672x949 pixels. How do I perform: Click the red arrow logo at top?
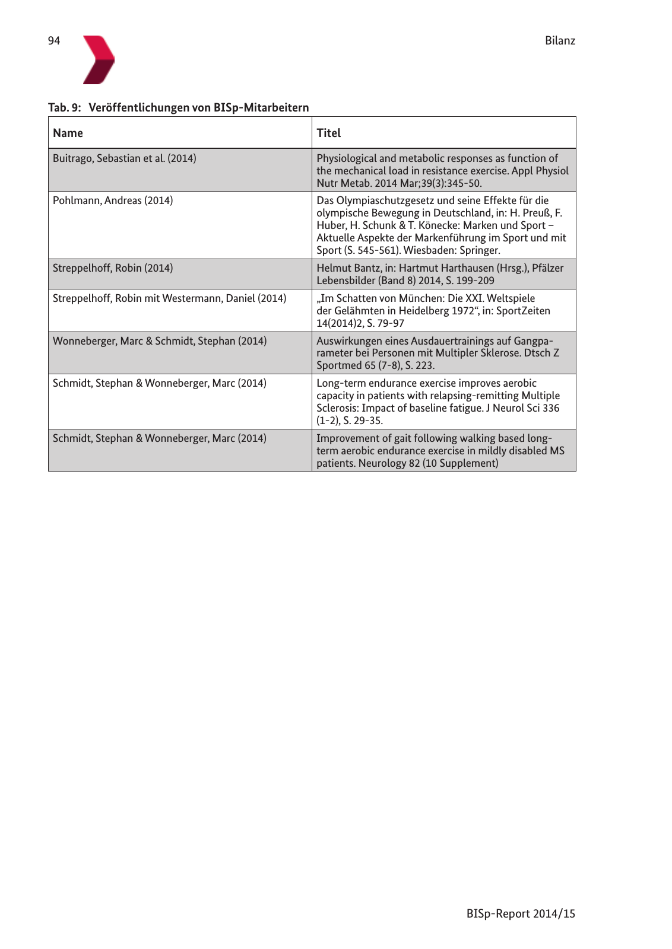[x=98, y=59]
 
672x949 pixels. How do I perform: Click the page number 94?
[x=54, y=41]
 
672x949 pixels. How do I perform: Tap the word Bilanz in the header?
[x=560, y=41]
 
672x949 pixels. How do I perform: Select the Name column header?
[x=68, y=133]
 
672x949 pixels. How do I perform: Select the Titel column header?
[x=329, y=133]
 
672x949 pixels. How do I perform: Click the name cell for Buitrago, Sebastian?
[x=125, y=158]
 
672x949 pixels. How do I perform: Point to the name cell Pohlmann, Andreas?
[x=113, y=200]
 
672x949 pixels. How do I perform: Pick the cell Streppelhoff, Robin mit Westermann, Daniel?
[x=170, y=298]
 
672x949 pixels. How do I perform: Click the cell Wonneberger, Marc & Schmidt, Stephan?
[x=160, y=341]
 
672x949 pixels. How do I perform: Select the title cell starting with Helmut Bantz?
[x=440, y=274]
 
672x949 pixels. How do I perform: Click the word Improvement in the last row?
[x=346, y=438]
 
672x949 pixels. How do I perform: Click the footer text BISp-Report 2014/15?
[x=521, y=913]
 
